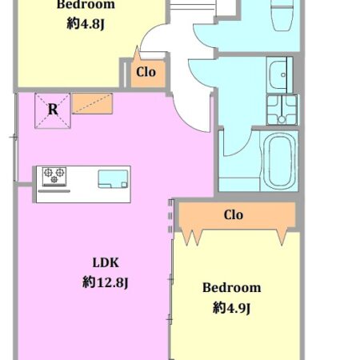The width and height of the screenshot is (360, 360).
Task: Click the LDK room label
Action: click(x=106, y=263)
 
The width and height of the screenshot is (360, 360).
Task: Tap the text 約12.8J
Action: click(x=106, y=282)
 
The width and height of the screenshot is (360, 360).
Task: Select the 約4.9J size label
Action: click(x=231, y=309)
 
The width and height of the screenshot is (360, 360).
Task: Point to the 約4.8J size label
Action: click(x=86, y=24)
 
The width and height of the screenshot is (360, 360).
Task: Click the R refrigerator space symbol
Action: click(x=53, y=110)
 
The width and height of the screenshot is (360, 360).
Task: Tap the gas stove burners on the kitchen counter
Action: click(x=54, y=176)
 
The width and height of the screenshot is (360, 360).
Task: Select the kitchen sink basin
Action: click(x=113, y=179)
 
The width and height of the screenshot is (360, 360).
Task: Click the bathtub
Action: click(x=279, y=161)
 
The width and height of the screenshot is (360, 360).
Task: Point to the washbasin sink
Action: click(x=279, y=74)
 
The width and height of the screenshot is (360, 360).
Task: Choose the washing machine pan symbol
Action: click(x=282, y=110)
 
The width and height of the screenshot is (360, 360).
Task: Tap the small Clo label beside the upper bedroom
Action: click(x=146, y=72)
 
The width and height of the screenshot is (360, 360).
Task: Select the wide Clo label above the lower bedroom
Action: click(x=234, y=215)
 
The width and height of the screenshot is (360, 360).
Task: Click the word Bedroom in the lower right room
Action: click(x=231, y=288)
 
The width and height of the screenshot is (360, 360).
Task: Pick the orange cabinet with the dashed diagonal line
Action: click(x=92, y=103)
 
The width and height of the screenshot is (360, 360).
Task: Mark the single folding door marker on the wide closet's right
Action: click(x=282, y=237)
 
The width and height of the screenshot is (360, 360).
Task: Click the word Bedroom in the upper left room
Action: click(x=86, y=5)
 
